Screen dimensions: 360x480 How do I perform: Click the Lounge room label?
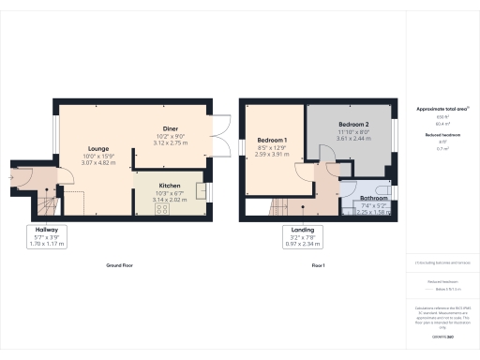(97, 148)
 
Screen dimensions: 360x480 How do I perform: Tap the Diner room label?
(170, 129)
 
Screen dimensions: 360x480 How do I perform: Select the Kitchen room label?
(170, 186)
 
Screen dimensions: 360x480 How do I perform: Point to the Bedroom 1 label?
(271, 140)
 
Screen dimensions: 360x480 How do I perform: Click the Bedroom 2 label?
(353, 125)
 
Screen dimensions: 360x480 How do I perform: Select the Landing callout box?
(302, 235)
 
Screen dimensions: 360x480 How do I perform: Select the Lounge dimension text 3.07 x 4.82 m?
(97, 163)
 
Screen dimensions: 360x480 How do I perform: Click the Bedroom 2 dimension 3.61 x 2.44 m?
(353, 139)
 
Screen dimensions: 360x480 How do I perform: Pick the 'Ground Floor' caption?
(119, 265)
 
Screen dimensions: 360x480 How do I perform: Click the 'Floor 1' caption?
(318, 265)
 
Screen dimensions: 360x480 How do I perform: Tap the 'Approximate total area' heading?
(441, 109)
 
